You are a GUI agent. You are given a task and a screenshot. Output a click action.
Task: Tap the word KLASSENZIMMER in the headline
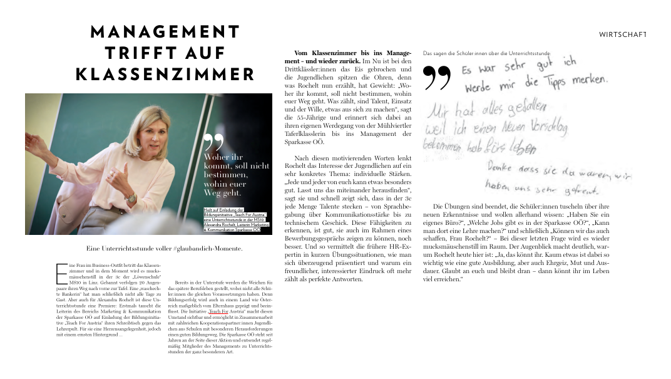tap(165, 75)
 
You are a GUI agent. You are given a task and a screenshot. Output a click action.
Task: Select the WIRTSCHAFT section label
tap(622, 34)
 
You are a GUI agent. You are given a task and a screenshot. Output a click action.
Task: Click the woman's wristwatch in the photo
tap(130, 198)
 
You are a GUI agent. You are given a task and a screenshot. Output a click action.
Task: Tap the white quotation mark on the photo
tap(213, 142)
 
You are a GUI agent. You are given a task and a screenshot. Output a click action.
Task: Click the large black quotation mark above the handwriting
tap(437, 77)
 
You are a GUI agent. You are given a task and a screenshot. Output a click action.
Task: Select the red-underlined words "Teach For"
tap(218, 311)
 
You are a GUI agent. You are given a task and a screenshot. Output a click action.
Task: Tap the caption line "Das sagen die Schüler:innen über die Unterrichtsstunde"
tap(486, 53)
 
